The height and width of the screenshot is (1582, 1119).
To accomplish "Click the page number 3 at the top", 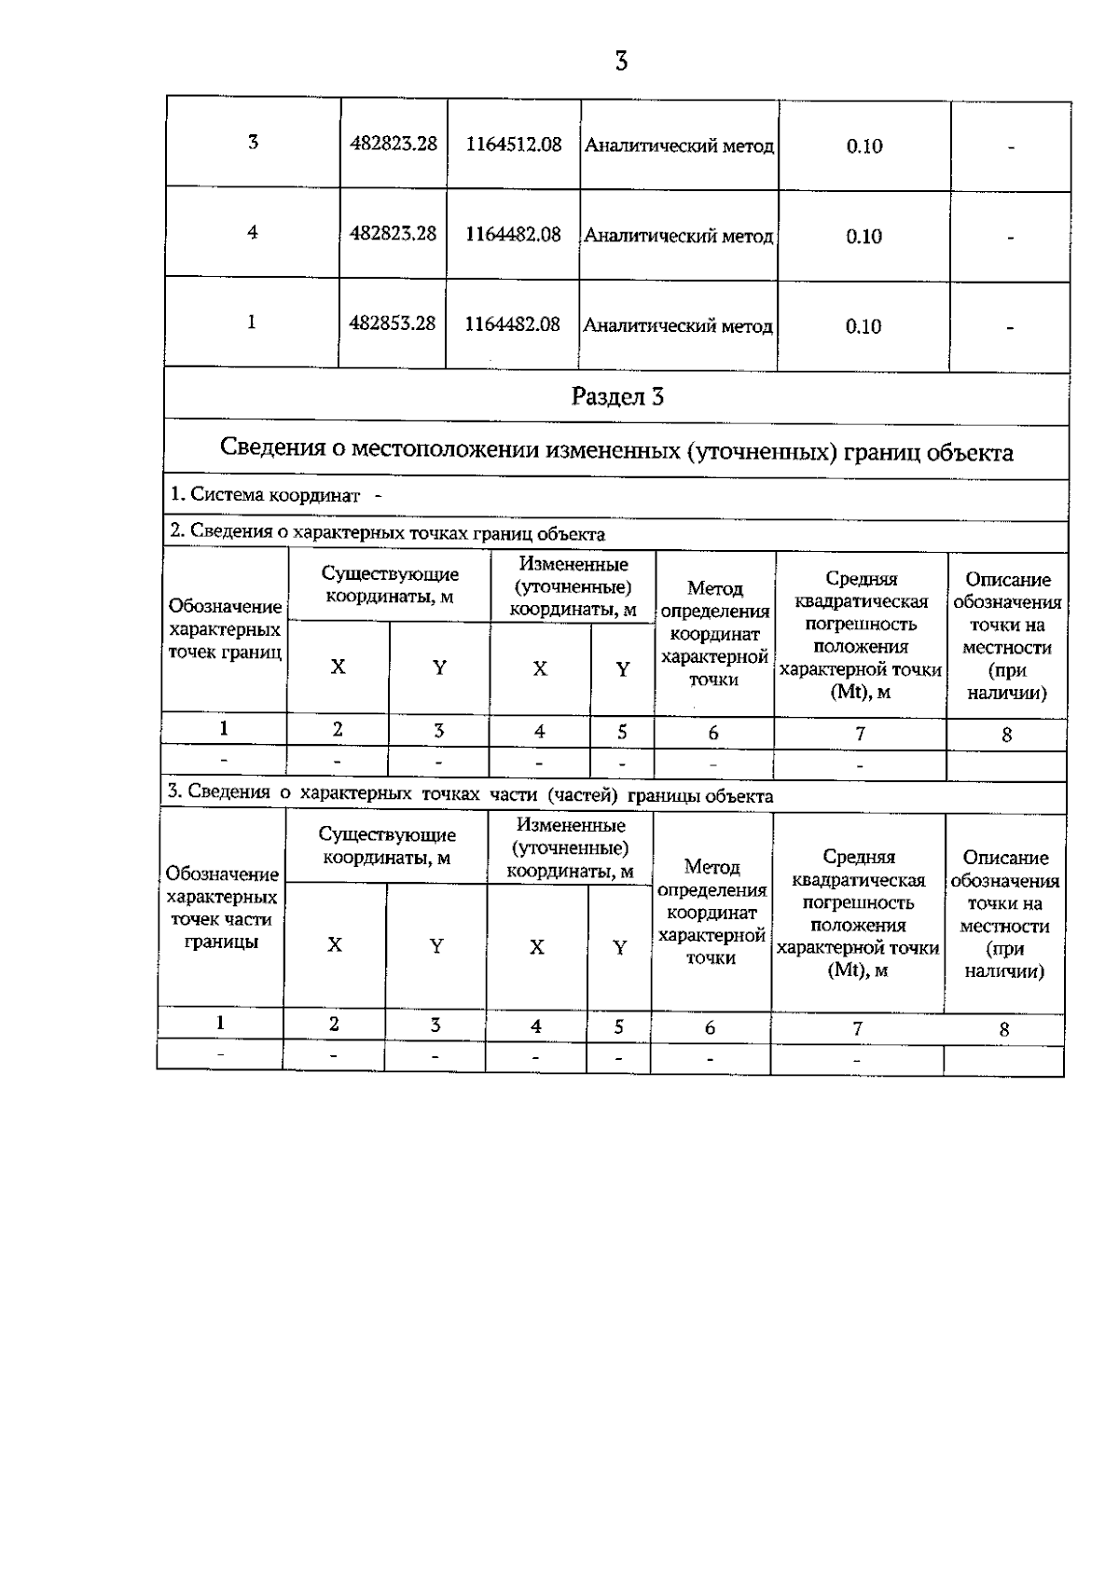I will click(x=621, y=62).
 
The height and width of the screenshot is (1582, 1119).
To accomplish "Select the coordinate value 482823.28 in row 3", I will click(x=394, y=144).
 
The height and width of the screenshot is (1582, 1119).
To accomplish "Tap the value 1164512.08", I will click(x=514, y=144).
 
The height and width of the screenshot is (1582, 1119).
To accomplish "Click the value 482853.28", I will click(x=393, y=323).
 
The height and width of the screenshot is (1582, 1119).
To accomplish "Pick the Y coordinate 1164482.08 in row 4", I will click(x=514, y=234).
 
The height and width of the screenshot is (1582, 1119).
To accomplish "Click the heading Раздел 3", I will click(x=617, y=397).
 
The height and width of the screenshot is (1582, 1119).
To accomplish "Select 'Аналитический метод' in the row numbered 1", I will click(x=678, y=326).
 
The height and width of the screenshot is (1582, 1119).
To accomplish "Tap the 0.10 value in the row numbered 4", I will click(x=863, y=236).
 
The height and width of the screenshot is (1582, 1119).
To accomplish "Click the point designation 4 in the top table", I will click(x=253, y=232).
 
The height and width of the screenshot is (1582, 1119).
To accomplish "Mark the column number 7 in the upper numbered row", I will click(x=860, y=734).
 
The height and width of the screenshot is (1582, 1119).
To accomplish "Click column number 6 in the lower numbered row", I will click(x=710, y=1027).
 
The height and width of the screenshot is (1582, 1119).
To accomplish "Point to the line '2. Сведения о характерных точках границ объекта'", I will click(x=387, y=534).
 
